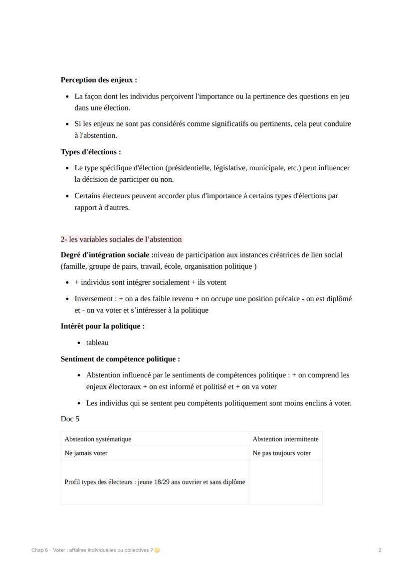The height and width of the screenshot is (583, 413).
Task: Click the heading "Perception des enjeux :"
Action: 99,80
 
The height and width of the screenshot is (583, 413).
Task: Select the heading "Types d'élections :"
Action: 91,152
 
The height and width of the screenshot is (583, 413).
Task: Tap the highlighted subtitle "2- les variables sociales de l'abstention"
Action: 121,239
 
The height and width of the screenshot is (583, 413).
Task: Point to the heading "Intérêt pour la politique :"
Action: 103,327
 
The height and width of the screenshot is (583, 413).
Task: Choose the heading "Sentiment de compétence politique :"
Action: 120,359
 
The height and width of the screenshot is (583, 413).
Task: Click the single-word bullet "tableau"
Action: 97,343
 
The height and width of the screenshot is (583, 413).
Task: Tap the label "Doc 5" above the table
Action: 70,419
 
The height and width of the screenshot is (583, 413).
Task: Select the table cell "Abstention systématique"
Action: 98,439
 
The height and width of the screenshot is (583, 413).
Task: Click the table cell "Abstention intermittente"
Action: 285,439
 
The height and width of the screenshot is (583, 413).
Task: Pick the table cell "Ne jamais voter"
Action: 86,453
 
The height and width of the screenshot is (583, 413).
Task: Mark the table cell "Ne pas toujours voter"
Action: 281,453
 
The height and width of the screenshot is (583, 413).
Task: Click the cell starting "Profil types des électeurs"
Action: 155,482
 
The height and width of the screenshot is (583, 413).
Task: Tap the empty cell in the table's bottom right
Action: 285,482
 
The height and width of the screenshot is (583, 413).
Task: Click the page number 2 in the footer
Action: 380,550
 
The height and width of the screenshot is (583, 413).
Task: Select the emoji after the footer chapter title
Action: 157,550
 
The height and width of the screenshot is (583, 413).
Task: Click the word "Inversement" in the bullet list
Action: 94,299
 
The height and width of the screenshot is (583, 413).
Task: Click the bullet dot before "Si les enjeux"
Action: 67,124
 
